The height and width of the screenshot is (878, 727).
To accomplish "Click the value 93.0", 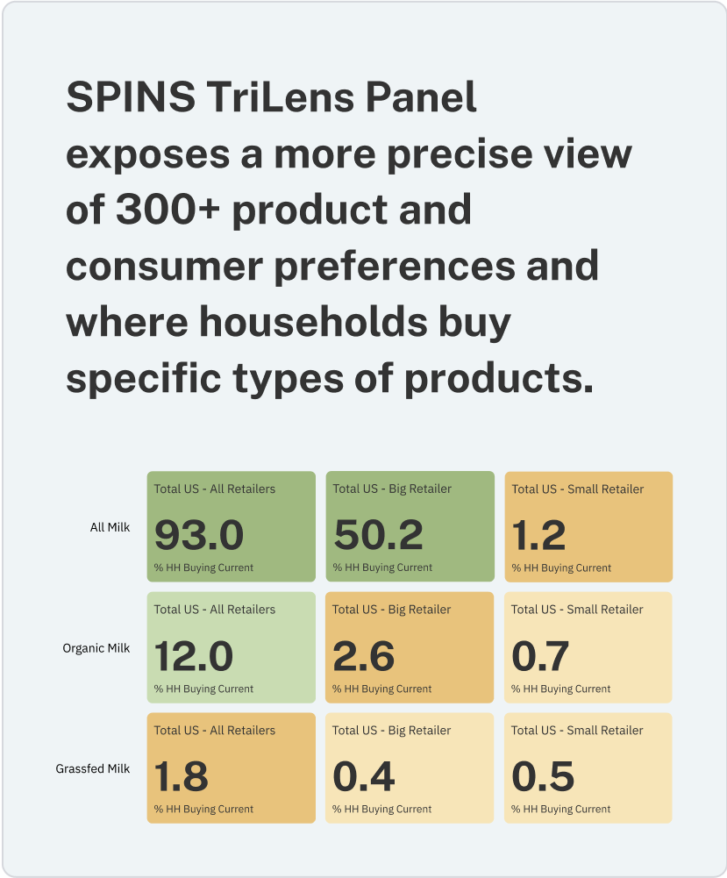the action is (199, 535).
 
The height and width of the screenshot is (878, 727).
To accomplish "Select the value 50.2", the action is (378, 535).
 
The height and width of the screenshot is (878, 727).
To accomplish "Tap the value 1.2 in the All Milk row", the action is (539, 535).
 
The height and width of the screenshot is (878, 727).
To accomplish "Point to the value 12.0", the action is (194, 656).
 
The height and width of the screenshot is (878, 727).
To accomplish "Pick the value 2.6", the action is (364, 656).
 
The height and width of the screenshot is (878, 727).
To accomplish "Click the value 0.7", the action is (540, 656).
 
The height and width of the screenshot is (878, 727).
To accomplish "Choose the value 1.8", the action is (182, 776).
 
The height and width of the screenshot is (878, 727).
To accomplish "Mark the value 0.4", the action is (364, 776).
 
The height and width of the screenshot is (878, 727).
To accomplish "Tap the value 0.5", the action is (543, 776).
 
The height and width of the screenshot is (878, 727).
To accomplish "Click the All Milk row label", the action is (110, 527).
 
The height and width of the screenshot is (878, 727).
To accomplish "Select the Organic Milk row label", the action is (96, 648).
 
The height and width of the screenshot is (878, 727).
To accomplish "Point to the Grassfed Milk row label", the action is (93, 768).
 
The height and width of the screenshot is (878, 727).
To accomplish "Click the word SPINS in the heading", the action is (131, 96).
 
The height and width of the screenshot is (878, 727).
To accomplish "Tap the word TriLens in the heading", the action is (281, 96).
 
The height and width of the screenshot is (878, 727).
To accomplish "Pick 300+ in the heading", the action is (167, 210).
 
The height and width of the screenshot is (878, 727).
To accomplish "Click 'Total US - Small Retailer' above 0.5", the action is (577, 730).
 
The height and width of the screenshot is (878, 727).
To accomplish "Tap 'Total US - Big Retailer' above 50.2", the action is (392, 489).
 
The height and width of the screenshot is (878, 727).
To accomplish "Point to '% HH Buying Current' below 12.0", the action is (203, 689).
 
